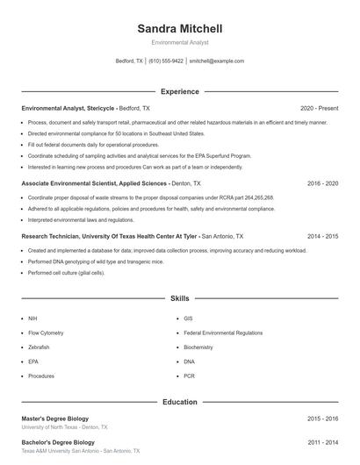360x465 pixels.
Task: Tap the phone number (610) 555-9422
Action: (x=166, y=61)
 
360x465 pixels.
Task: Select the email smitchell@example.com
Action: (x=217, y=61)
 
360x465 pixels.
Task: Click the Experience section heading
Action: (x=180, y=91)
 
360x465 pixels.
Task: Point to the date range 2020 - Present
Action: (x=319, y=108)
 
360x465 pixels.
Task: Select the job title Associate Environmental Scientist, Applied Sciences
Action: (x=93, y=184)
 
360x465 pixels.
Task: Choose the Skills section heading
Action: (x=180, y=298)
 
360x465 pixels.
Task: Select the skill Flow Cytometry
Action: (x=47, y=333)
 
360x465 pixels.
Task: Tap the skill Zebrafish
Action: (x=39, y=347)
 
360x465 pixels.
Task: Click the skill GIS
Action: (x=189, y=319)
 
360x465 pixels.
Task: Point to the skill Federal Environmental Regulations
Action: (x=223, y=333)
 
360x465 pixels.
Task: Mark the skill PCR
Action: (x=190, y=376)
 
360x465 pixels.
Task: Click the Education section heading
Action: (x=180, y=402)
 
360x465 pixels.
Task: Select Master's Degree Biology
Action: (x=55, y=418)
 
